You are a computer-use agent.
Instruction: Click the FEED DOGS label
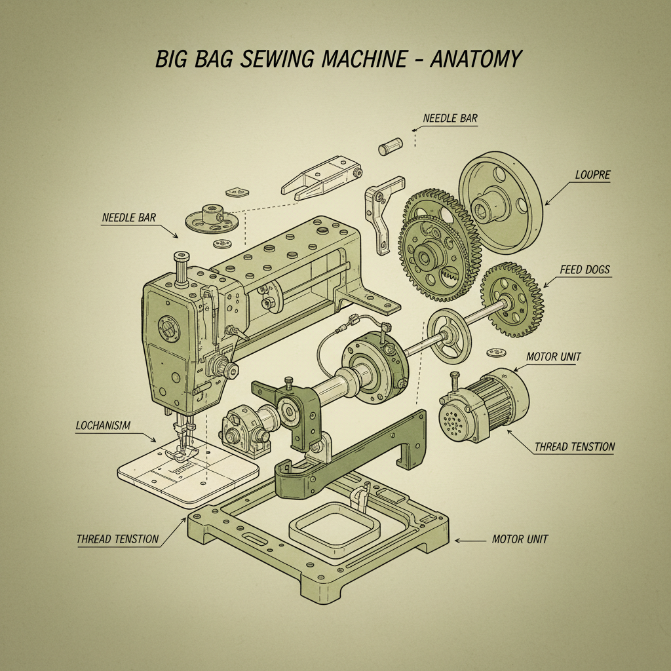coord(585,269)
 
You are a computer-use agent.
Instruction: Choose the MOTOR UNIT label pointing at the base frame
coord(520,539)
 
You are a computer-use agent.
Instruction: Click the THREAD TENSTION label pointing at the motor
coord(575,447)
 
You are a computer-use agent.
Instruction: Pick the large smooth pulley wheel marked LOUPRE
coord(501,201)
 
